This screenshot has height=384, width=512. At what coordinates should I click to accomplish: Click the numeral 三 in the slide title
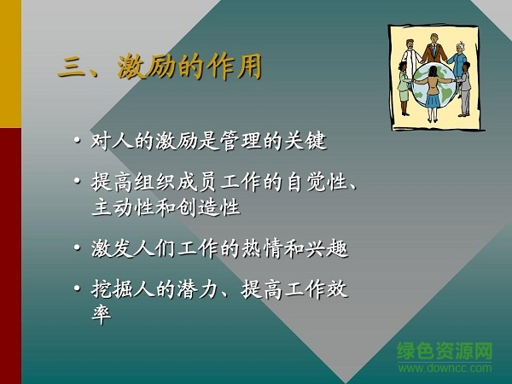[x=72, y=67]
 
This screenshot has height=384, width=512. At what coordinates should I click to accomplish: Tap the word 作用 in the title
[x=234, y=67]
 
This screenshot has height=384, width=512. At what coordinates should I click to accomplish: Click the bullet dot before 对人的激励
[x=79, y=142]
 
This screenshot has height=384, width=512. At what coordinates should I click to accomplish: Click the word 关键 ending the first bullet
[x=309, y=141]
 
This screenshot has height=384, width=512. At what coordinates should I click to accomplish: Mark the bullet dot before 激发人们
[x=79, y=250]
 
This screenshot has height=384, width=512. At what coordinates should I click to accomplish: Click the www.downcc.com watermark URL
[x=445, y=368]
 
